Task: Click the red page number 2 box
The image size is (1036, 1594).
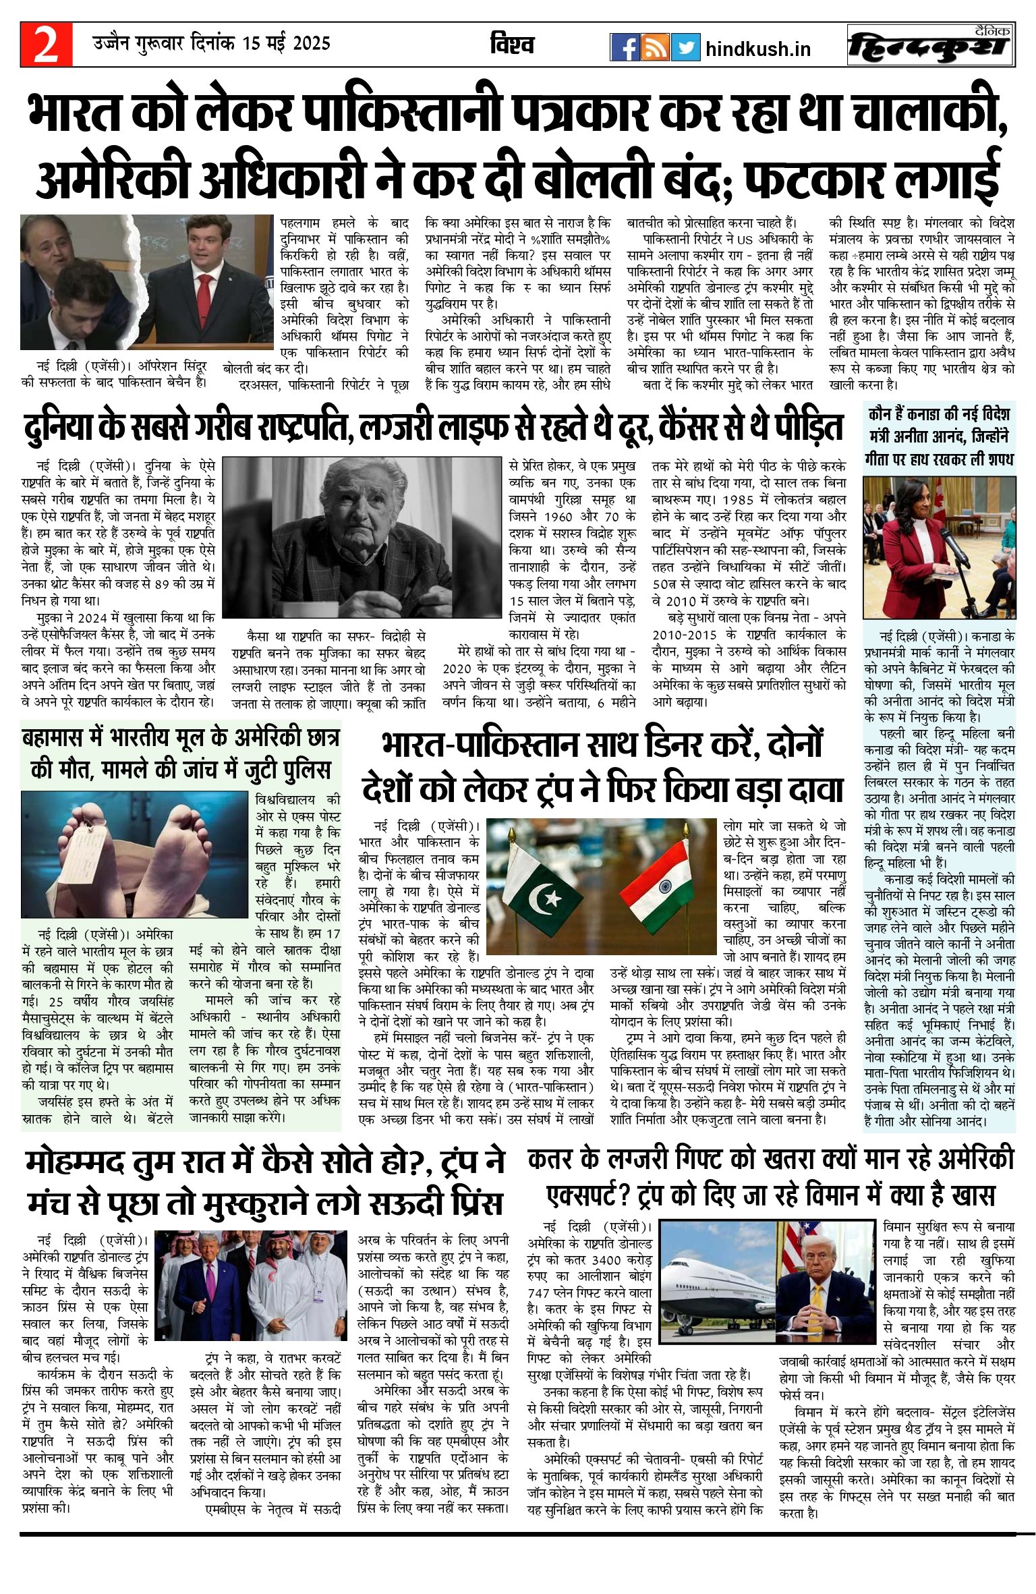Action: [x=46, y=45]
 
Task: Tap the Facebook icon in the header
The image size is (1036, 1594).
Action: [x=625, y=47]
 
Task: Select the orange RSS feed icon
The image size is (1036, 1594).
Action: [x=655, y=47]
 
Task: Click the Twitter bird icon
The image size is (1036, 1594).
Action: [x=686, y=47]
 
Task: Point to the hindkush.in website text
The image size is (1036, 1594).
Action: [x=757, y=49]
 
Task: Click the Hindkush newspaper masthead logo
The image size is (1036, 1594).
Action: [x=931, y=46]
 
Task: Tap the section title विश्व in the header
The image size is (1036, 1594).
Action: [x=513, y=45]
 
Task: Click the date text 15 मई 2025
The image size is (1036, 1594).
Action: [x=287, y=44]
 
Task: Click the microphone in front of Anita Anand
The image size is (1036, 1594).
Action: [x=954, y=546]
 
